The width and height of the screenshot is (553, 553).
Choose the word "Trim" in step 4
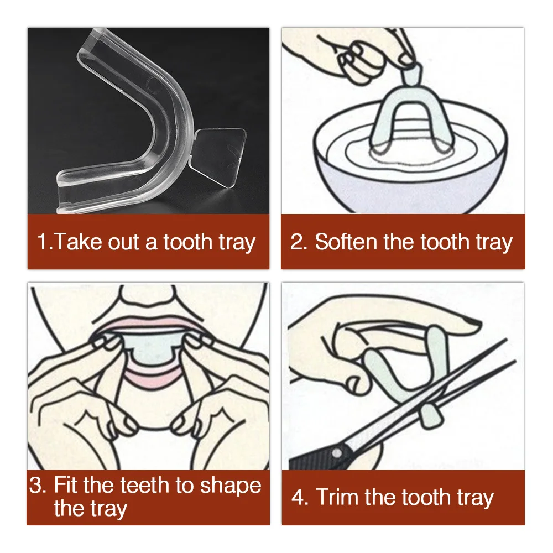[x=337, y=497]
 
